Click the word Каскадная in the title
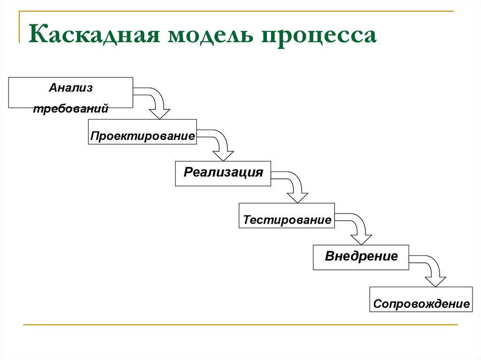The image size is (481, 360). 94,34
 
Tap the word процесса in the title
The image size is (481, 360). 319,37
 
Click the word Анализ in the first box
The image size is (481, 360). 70,88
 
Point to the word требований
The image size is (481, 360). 71,108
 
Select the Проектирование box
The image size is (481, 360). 142,132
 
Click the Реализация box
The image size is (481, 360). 223,174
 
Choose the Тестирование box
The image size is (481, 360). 287,215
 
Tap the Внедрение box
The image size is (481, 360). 361,257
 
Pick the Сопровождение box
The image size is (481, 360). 421,299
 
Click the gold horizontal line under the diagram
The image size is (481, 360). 240,324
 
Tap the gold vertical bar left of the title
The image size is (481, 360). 19,27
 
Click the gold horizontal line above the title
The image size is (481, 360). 236,11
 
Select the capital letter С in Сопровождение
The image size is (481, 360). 377,304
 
